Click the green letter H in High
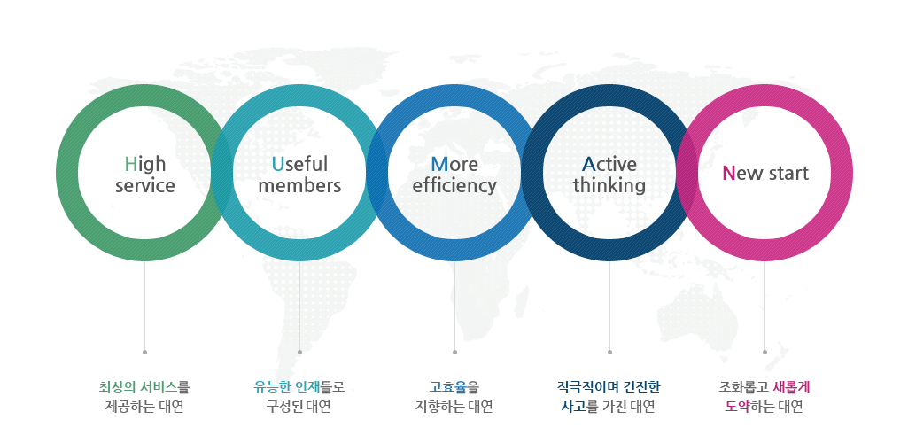(x=131, y=165)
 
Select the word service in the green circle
(x=144, y=186)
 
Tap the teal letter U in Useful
(x=278, y=165)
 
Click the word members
(x=299, y=186)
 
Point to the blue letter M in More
(x=439, y=165)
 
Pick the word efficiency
(x=454, y=186)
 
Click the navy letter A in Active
(x=589, y=165)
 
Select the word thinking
(x=609, y=186)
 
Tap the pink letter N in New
(x=728, y=173)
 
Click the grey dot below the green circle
(x=144, y=352)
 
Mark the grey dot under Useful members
(x=299, y=352)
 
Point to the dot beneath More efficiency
(x=454, y=352)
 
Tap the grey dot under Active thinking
(x=609, y=352)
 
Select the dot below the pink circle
(x=764, y=352)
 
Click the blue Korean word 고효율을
(x=454, y=387)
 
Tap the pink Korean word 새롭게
(x=791, y=387)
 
